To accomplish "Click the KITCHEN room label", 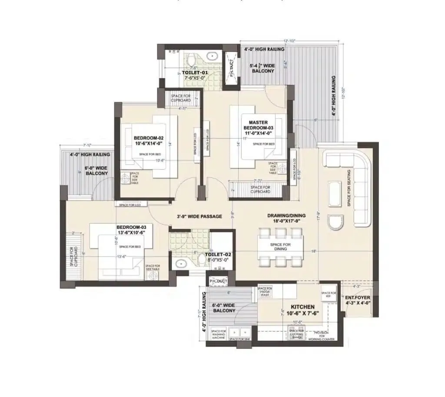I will [299, 307].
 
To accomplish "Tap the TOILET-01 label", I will [195, 72].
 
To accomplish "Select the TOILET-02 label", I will [220, 254].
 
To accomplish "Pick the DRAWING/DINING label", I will [286, 215].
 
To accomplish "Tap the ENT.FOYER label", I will [357, 298].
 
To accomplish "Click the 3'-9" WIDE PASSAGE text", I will [199, 216].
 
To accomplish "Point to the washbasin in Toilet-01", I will [212, 55].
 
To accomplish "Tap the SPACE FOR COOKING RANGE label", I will [296, 333].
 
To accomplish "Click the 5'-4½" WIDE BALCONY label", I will [262, 68].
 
